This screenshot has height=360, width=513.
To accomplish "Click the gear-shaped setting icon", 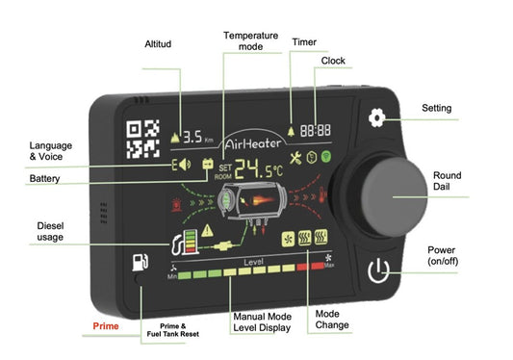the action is tap(377, 117).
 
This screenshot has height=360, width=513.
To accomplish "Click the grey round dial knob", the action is tap(395, 196).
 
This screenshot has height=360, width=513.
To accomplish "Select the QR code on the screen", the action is tap(143, 139).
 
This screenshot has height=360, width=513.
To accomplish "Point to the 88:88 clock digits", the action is tap(316, 130).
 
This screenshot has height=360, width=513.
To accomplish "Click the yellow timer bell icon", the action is tap(291, 131).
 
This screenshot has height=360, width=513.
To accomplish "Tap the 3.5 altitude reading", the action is tap(192, 137).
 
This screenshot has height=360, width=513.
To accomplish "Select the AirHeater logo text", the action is tap(253, 143).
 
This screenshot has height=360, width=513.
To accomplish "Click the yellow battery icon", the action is tap(208, 164).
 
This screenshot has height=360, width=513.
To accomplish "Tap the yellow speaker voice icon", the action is tap(185, 165).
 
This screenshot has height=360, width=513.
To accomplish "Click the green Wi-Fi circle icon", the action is tap(326, 157).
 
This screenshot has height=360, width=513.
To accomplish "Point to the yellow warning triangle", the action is tap(207, 230).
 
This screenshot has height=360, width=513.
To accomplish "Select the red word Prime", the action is tap(106, 326).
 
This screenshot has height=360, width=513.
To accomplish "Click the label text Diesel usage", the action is tap(50, 231).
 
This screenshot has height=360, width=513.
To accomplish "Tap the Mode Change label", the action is tap(332, 320).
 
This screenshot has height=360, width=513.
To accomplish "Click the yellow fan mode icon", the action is tap(288, 239).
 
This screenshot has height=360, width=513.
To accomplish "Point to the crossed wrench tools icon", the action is tap(295, 159).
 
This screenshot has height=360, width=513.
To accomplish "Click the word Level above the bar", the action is tap(253, 262).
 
